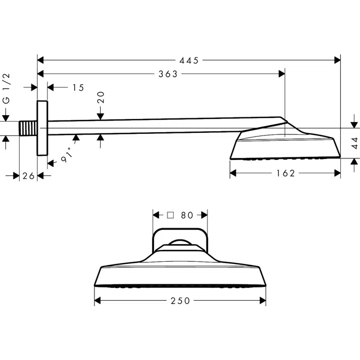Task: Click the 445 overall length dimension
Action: (189, 61)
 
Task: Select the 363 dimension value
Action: (168, 74)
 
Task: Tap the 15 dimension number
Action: (78, 87)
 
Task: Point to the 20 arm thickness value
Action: (101, 97)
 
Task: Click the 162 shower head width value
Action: (286, 173)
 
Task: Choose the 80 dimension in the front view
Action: (187, 215)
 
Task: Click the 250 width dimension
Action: (181, 301)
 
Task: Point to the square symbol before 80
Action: (171, 215)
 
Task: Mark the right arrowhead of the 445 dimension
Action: (337, 61)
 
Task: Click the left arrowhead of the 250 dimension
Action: (98, 301)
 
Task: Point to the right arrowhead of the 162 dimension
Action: (337, 173)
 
